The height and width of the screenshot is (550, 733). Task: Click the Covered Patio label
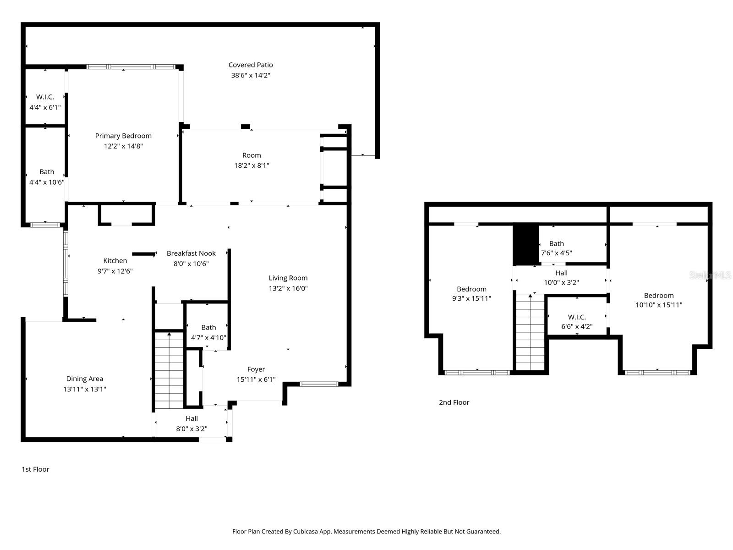[251, 65]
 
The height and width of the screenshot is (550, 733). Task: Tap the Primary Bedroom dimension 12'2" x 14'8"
[123, 146]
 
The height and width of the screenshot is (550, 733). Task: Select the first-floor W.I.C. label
[45, 97]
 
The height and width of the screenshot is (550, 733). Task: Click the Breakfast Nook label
[191, 253]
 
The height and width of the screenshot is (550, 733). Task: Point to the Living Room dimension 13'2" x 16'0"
[288, 288]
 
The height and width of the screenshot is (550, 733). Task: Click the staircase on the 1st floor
[169, 370]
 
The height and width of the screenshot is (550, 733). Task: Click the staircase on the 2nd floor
[531, 332]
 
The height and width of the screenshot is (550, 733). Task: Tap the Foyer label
[256, 369]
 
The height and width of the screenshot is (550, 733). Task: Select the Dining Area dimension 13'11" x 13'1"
[85, 389]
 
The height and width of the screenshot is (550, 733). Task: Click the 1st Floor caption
[35, 469]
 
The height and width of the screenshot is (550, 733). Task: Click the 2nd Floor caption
[454, 402]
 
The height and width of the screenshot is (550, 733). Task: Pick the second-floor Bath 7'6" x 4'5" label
[557, 244]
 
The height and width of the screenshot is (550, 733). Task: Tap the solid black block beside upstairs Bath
[525, 244]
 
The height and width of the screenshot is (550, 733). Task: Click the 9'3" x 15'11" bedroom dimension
[471, 298]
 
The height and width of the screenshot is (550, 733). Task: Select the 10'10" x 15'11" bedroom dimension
[659, 305]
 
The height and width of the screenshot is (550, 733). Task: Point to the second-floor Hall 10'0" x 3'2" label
[561, 273]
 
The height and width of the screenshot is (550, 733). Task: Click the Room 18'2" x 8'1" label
[252, 155]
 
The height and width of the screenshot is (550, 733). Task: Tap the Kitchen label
[115, 261]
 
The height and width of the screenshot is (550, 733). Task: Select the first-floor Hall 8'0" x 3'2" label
[191, 418]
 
